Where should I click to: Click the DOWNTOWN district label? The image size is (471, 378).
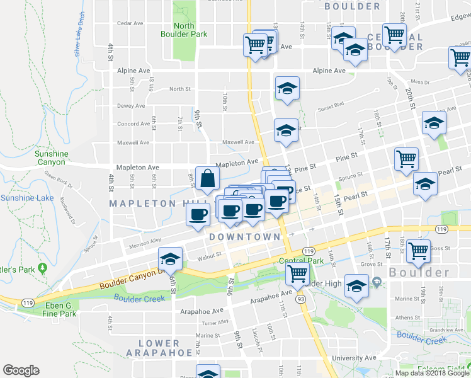[244, 237]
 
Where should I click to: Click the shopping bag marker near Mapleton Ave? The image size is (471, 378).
[207, 179]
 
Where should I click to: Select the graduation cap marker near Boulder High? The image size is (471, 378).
[356, 287]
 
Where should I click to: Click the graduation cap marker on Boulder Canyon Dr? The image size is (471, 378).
[170, 259]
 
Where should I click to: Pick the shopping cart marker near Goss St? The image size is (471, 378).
[419, 251]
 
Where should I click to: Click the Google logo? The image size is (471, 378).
[21, 370]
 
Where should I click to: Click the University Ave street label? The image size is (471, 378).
[348, 358]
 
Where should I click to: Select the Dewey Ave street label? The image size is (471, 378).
[131, 106]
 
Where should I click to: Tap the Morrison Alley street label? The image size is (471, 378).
[145, 244]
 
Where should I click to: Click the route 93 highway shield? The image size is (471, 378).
[302, 299]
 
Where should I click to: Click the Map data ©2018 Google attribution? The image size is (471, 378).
[432, 373]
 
